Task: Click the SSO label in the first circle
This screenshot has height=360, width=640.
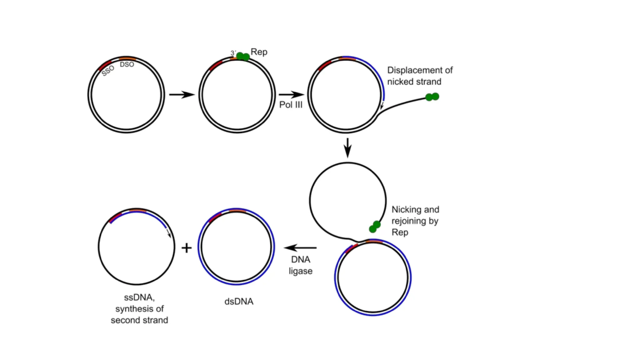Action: (x=108, y=71)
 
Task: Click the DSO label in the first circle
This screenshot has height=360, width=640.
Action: (x=127, y=64)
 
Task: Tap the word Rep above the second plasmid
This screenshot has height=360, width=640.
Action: (x=259, y=52)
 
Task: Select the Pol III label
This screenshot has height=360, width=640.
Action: (x=291, y=105)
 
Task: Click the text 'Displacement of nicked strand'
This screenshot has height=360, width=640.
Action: (x=419, y=76)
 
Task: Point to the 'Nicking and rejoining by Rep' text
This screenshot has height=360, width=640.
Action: (x=415, y=221)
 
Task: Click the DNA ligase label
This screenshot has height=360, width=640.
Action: (x=300, y=265)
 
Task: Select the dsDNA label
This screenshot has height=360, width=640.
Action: (x=239, y=302)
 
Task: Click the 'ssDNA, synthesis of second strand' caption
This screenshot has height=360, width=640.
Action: (x=139, y=309)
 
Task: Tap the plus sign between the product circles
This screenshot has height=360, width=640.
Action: (x=187, y=248)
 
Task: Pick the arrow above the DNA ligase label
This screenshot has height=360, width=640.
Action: (x=300, y=248)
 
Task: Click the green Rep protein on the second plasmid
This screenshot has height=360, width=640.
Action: (x=243, y=57)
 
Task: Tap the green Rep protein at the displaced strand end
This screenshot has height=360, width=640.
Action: (x=432, y=97)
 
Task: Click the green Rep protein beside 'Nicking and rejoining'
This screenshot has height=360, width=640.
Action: (x=375, y=227)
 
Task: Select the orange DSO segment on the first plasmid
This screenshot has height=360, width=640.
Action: (x=127, y=58)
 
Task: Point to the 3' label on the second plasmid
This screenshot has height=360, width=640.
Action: (x=233, y=53)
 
